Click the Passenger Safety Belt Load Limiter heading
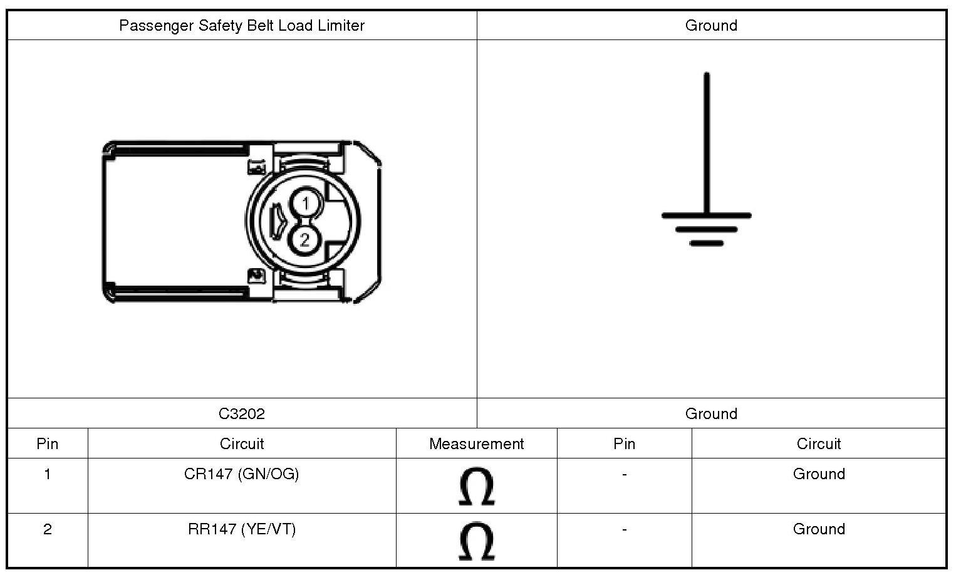click(242, 26)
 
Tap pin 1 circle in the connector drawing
click(305, 204)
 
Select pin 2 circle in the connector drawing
click(305, 239)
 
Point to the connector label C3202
click(242, 414)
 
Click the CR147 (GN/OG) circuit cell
click(242, 474)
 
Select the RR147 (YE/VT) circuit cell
click(242, 529)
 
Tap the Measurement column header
click(476, 444)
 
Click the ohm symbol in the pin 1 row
click(477, 486)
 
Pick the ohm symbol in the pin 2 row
click(477, 541)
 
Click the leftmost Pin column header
click(48, 444)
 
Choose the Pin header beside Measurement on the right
click(624, 444)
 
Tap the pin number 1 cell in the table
click(48, 474)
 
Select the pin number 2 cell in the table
click(48, 529)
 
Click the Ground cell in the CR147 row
click(819, 474)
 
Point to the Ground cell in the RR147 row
click(819, 529)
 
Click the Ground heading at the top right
click(711, 26)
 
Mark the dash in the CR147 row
click(624, 475)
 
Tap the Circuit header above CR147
click(242, 444)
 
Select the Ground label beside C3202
click(711, 414)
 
